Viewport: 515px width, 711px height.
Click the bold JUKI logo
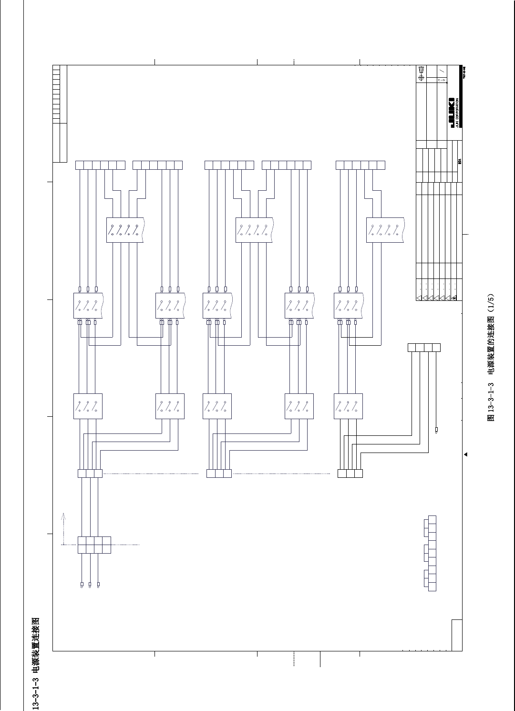(452, 113)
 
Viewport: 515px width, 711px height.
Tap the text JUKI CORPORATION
(457, 113)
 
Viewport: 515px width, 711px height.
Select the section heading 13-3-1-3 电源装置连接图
(35, 663)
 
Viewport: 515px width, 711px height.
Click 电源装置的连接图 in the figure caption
(491, 344)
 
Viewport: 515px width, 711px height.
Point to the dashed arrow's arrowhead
(63, 515)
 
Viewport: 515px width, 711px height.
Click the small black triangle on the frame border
(465, 454)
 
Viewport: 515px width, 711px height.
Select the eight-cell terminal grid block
(94, 545)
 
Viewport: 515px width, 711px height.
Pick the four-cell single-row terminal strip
(424, 348)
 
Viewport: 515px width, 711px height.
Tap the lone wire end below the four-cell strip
(436, 430)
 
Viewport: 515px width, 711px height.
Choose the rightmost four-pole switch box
(385, 230)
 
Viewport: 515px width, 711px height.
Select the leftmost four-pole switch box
(125, 230)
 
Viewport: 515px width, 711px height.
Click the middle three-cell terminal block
(219, 474)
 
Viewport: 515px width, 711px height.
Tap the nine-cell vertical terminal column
(432, 553)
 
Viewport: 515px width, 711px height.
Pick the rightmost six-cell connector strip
(360, 165)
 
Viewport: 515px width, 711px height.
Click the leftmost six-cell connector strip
(100, 165)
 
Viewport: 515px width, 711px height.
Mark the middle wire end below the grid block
(90, 584)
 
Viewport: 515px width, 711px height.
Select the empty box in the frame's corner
(456, 635)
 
